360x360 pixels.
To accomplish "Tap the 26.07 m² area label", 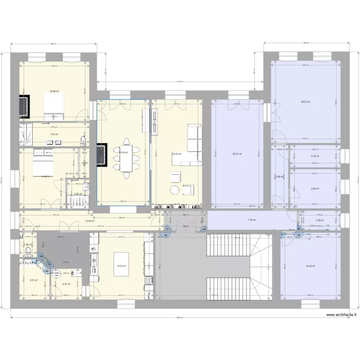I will pyautogui.click(x=305, y=102).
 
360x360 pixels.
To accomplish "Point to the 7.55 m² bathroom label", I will pyautogui.click(x=54, y=135).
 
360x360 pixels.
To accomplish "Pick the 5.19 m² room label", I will pyautogui.click(x=314, y=156).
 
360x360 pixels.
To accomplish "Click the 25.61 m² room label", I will pyautogui.click(x=237, y=154).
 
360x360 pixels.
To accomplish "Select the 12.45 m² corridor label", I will pyautogui.click(x=90, y=221).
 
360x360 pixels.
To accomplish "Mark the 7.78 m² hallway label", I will pyautogui.click(x=252, y=220).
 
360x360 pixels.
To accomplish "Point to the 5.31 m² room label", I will pyautogui.click(x=34, y=280).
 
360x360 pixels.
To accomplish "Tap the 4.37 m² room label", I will pyautogui.click(x=66, y=284).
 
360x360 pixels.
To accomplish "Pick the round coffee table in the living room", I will pyautogui.click(x=175, y=190).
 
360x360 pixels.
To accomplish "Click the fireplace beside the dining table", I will pyautogui.click(x=102, y=156).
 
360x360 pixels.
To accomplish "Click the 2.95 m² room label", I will pyautogui.click(x=77, y=194).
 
